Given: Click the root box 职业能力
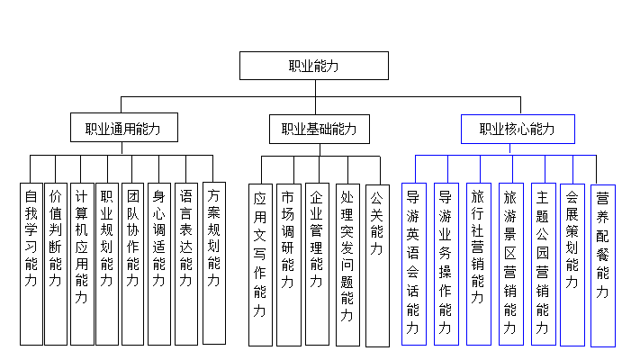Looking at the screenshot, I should tap(312, 67).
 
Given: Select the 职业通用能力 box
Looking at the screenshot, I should tap(123, 129).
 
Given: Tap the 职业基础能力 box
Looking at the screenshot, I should tap(319, 129).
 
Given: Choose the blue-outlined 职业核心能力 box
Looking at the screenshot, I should tap(517, 129).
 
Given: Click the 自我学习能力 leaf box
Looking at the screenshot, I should tap(31, 263).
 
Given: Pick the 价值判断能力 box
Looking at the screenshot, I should tap(56, 263).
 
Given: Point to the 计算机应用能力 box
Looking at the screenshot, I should tap(82, 263).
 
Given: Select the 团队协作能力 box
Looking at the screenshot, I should tap(133, 263).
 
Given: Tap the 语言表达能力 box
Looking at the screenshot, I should tap(185, 263).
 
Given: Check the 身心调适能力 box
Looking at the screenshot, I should tap(159, 263).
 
